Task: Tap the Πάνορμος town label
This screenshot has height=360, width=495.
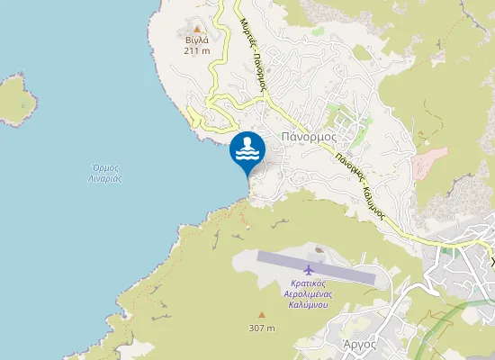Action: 309,137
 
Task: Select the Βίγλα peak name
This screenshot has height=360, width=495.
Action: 197,40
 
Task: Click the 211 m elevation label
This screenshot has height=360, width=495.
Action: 197,51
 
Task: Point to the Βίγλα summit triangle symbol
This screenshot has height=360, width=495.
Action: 197,29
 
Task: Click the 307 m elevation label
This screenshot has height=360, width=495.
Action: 262,327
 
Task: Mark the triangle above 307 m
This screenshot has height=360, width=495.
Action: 262,315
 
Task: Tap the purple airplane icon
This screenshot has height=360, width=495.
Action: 310,269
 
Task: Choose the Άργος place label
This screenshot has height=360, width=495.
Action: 359,344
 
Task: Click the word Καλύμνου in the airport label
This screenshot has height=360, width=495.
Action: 308,305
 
